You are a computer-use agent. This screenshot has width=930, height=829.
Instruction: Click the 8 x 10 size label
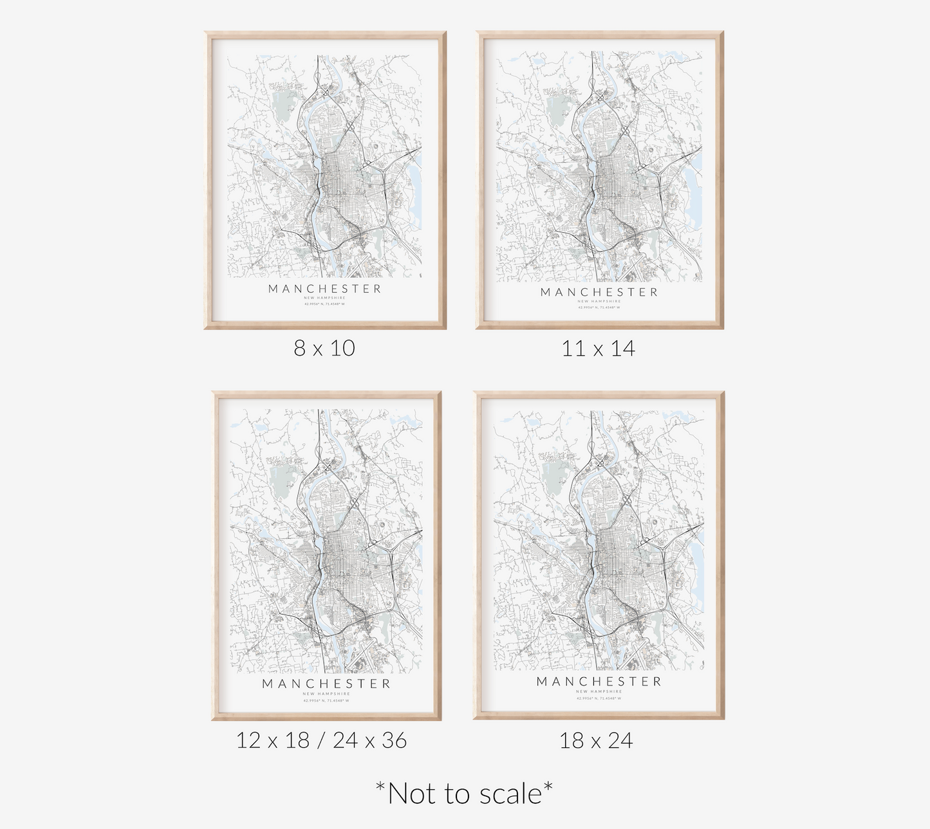324,349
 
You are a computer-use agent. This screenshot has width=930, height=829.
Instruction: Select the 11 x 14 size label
598,349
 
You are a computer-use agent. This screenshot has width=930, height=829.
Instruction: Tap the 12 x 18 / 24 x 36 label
322,740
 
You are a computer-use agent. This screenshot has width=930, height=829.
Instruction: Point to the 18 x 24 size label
596,740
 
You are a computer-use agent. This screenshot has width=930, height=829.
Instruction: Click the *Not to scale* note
464,794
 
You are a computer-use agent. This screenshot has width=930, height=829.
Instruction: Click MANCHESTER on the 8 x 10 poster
325,289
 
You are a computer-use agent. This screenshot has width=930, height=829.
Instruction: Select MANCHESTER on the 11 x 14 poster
599,292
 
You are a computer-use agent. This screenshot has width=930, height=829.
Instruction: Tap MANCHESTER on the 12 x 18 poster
326,684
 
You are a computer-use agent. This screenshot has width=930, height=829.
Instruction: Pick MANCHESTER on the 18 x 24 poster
599,681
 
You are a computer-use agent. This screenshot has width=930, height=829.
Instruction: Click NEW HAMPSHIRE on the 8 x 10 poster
325,298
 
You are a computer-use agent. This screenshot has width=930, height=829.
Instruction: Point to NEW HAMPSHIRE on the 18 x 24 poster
599,691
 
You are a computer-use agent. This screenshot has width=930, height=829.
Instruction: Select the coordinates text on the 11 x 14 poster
599,307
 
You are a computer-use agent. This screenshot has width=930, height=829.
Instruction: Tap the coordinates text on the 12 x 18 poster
326,700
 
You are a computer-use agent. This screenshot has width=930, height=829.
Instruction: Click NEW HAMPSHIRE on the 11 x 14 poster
599,301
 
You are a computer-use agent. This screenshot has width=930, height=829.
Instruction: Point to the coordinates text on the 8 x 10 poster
325,304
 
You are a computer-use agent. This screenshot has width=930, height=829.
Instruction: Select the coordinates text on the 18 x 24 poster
599,698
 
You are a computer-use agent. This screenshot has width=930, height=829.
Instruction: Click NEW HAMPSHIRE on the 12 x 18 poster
326,694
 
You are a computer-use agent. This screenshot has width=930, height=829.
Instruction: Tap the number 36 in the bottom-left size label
394,740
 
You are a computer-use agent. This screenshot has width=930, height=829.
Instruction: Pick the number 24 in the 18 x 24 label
620,740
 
